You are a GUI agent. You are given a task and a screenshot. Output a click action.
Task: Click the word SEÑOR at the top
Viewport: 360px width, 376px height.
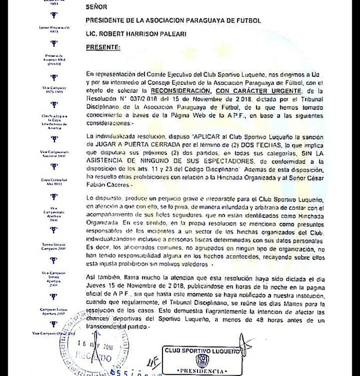(x=97, y=7)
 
